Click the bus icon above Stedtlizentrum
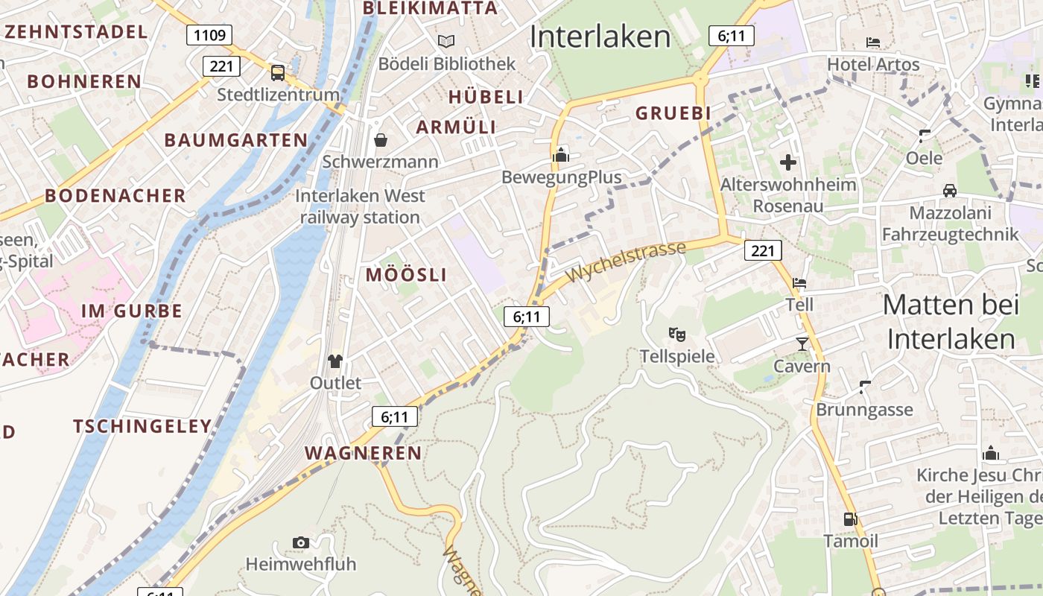(278, 72)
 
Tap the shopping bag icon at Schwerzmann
(381, 139)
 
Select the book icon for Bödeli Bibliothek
(446, 41)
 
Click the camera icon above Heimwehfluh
(301, 542)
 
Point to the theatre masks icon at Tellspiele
(676, 334)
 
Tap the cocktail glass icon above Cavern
(802, 343)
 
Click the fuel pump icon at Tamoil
(850, 519)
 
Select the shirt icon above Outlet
(335, 361)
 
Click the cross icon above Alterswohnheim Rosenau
(787, 162)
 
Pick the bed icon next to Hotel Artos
(873, 42)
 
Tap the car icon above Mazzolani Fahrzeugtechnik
(949, 191)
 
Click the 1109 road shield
(209, 35)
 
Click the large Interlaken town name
(600, 37)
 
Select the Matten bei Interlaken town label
(951, 322)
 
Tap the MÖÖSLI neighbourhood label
(406, 274)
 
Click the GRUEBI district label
(673, 113)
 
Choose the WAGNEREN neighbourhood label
(363, 453)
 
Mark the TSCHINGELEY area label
(142, 426)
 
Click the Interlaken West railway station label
(361, 206)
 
